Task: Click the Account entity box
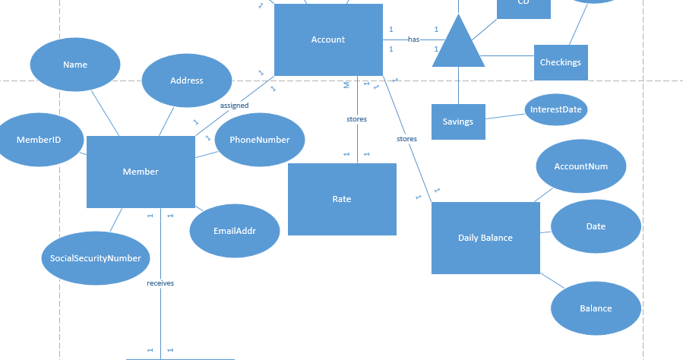tap(328, 39)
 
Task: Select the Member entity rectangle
tap(141, 172)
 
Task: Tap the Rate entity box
tap(342, 199)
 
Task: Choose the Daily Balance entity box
tap(485, 238)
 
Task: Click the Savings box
tap(458, 122)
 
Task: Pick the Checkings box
tap(561, 62)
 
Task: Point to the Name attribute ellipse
tap(75, 65)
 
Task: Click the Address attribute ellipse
tap(187, 81)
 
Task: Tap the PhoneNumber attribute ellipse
tap(260, 140)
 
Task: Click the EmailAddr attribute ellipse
tap(234, 230)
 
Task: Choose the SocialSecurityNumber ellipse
tap(96, 258)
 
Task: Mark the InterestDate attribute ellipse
tap(556, 109)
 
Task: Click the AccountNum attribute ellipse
tap(581, 166)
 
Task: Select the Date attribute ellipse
tap(596, 226)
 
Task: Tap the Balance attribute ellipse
tap(596, 308)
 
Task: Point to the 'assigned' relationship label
tap(234, 106)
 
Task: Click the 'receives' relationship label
tap(160, 283)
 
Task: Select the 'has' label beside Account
tap(413, 39)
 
